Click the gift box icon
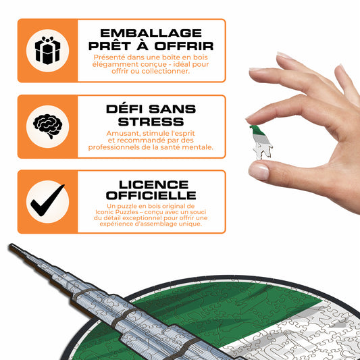pyautogui.click(x=47, y=51)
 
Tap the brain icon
pyautogui.click(x=47, y=126)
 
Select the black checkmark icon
pyautogui.click(x=47, y=201)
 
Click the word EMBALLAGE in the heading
pyautogui.click(x=151, y=33)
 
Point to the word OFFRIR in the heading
pyautogui.click(x=184, y=46)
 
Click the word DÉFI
pyautogui.click(x=124, y=108)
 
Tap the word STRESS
pyautogui.click(x=151, y=122)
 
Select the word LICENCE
pyautogui.click(x=153, y=185)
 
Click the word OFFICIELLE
pyautogui.click(x=151, y=195)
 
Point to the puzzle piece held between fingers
pyautogui.click(x=261, y=143)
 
